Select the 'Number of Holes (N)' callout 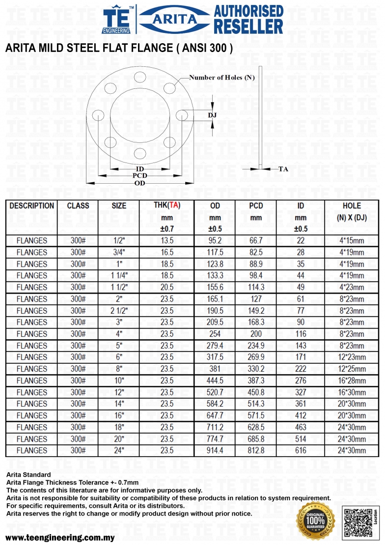[x=222, y=78]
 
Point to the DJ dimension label [x=212, y=115]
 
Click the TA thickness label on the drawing [x=283, y=169]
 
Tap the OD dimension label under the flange [x=139, y=183]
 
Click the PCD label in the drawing [x=139, y=175]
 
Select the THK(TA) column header [x=167, y=206]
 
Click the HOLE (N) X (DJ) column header [x=352, y=212]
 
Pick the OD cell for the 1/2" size [x=215, y=241]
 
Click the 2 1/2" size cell [x=119, y=310]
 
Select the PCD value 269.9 [x=256, y=357]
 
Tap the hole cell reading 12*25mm [x=352, y=369]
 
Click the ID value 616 [x=301, y=450]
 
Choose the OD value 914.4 [x=215, y=450]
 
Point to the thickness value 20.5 [x=167, y=287]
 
